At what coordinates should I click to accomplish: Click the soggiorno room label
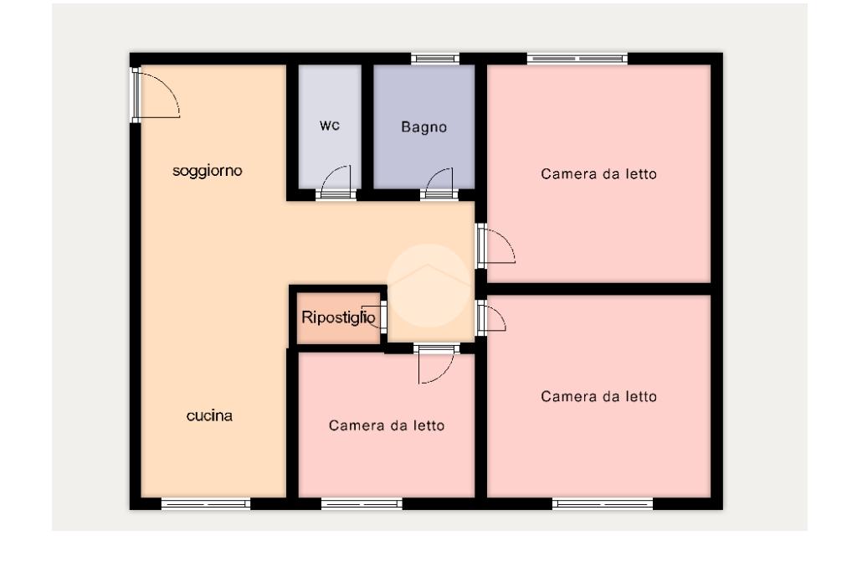pyautogui.click(x=208, y=171)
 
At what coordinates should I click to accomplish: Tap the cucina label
pyautogui.click(x=209, y=415)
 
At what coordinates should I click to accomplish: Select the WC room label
pyautogui.click(x=330, y=126)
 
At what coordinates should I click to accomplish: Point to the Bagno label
pyautogui.click(x=423, y=127)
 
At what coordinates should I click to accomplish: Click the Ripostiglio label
pyautogui.click(x=338, y=317)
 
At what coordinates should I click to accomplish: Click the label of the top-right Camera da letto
pyautogui.click(x=598, y=174)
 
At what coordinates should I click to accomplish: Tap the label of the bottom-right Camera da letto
pyautogui.click(x=598, y=396)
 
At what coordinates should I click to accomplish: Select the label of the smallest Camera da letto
pyautogui.click(x=387, y=425)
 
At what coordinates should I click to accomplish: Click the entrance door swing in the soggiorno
pyautogui.click(x=157, y=94)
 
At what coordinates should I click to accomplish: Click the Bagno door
pyautogui.click(x=439, y=182)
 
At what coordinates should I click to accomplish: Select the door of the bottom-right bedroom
pyautogui.click(x=491, y=317)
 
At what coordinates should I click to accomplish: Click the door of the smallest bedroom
pyautogui.click(x=436, y=365)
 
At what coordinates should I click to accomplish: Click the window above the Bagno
pyautogui.click(x=435, y=59)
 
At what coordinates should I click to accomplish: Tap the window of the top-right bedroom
pyautogui.click(x=577, y=59)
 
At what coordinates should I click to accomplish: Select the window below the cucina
pyautogui.click(x=206, y=503)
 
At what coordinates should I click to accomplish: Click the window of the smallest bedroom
pyautogui.click(x=362, y=503)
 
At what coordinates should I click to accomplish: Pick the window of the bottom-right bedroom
pyautogui.click(x=603, y=503)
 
